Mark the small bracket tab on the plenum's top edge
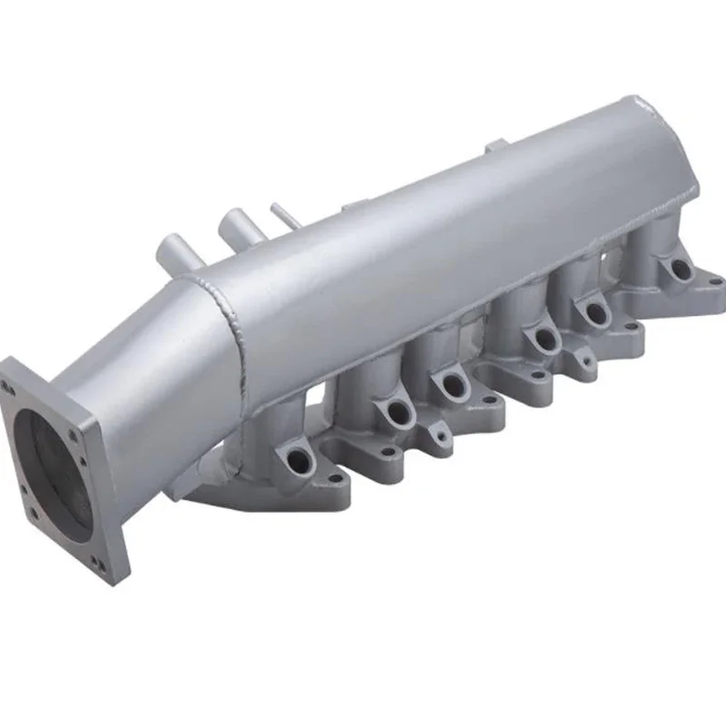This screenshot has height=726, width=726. [x=495, y=145]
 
